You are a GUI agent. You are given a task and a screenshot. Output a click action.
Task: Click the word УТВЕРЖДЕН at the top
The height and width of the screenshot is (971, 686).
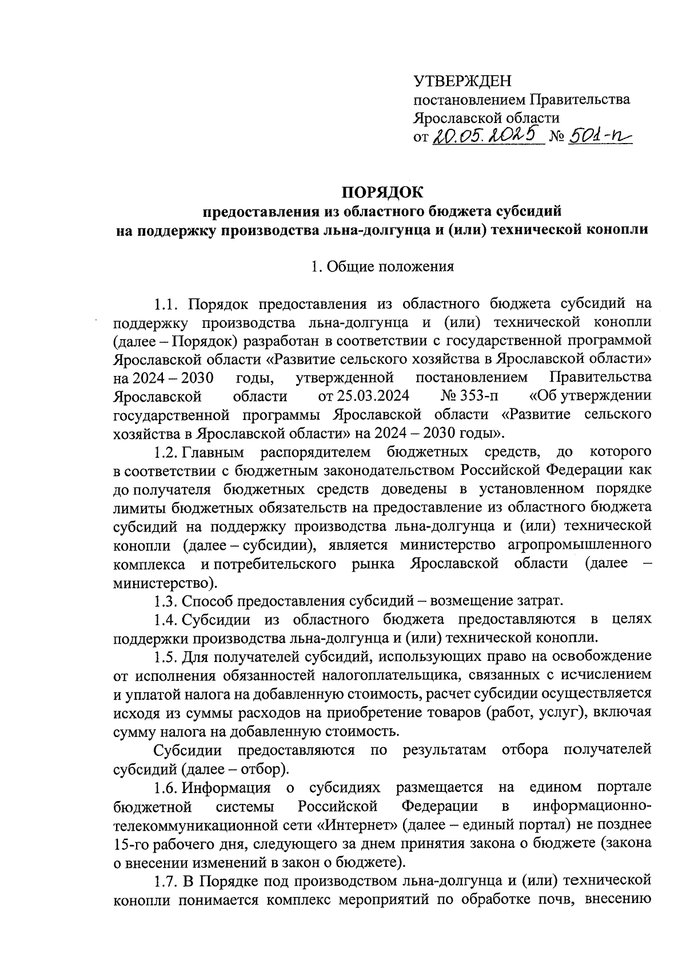pos(462,82)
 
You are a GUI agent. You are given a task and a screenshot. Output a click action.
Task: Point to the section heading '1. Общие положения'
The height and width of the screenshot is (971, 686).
pos(381,267)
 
